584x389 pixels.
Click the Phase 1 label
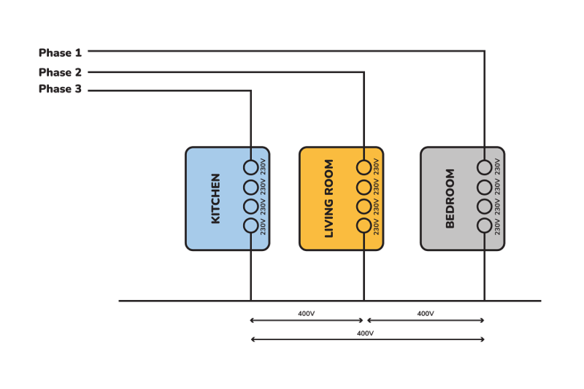point(60,53)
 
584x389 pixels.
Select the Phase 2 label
point(60,72)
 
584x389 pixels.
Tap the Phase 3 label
point(60,90)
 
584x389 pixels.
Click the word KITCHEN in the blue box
point(215,199)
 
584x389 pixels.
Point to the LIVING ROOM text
point(328,199)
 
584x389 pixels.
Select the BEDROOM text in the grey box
point(450,199)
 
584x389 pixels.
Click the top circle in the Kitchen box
point(250,167)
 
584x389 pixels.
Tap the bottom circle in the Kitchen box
point(250,226)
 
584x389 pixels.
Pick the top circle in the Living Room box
point(364,167)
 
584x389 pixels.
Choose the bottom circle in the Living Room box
point(364,226)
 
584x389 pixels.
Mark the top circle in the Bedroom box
point(484,167)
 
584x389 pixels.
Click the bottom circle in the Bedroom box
point(484,226)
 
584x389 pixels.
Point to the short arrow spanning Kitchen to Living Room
point(307,320)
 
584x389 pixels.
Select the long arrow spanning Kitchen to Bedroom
point(366,339)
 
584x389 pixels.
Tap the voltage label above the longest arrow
point(366,333)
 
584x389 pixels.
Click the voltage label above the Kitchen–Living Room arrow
point(307,314)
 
